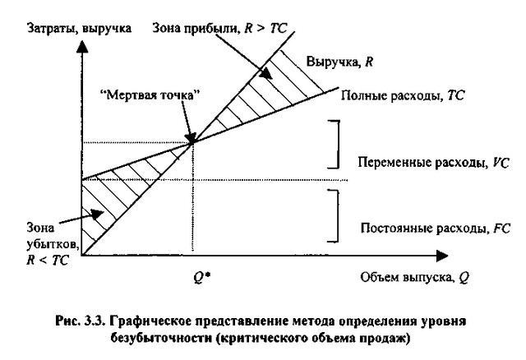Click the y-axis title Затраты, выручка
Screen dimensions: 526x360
point(79,28)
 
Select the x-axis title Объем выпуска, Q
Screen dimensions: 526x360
point(414,278)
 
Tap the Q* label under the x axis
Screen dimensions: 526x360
point(202,278)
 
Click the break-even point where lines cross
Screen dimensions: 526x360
point(191,143)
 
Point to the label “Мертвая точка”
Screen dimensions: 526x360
point(150,95)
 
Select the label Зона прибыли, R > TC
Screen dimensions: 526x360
point(219,28)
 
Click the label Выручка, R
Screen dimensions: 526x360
point(339,62)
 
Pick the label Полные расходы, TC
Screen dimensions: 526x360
point(403,96)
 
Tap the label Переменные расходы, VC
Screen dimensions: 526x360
point(433,163)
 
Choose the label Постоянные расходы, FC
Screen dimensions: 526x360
point(435,228)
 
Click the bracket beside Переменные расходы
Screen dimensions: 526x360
point(338,145)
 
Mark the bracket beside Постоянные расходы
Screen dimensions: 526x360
point(338,215)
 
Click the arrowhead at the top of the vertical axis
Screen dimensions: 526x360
point(82,46)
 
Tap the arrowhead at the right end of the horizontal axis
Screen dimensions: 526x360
point(442,256)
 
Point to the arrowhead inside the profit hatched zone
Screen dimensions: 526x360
point(266,73)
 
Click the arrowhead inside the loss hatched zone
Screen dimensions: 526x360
point(98,214)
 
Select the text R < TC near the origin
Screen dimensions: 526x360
point(48,260)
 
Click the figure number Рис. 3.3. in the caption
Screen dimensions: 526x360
point(81,321)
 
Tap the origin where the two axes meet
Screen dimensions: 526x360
point(82,256)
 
